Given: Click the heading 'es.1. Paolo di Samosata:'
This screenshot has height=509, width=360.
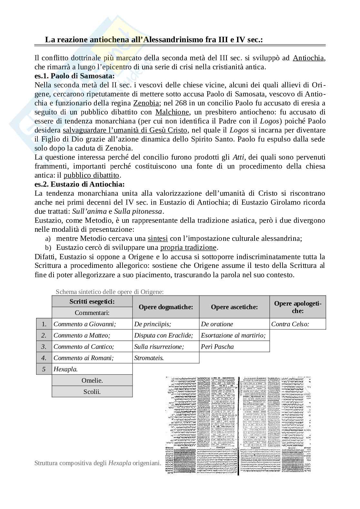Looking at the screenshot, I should pyautogui.click(x=75, y=76).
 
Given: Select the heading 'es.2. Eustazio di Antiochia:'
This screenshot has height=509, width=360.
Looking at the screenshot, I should pyautogui.click(x=79, y=184).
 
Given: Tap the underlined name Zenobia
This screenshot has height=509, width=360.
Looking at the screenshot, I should pyautogui.click(x=146, y=103).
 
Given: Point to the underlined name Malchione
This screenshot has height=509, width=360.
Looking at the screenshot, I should pyautogui.click(x=172, y=112).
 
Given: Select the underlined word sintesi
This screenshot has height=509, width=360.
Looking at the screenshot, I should pyautogui.click(x=157, y=239).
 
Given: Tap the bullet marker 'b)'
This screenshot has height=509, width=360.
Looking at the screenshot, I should pyautogui.click(x=48, y=248).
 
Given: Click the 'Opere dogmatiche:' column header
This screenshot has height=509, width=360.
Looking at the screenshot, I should pyautogui.click(x=166, y=307).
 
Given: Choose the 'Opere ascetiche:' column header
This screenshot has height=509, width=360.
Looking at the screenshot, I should pyautogui.click(x=234, y=307).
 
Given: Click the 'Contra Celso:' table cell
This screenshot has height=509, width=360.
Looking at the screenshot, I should pyautogui.click(x=290, y=324).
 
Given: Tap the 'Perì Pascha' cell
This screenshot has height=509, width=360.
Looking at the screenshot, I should pyautogui.click(x=217, y=347).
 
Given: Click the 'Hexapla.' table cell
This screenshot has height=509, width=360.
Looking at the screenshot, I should pyautogui.click(x=66, y=369).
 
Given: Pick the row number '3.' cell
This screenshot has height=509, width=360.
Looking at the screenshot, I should pyautogui.click(x=44, y=347).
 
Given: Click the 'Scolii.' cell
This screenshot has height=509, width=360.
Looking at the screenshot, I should pyautogui.click(x=92, y=392).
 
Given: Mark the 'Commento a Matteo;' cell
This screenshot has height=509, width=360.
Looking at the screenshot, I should pyautogui.click(x=82, y=335).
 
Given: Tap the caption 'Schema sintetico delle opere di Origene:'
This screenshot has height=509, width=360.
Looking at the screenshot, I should pyautogui.click(x=110, y=292).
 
